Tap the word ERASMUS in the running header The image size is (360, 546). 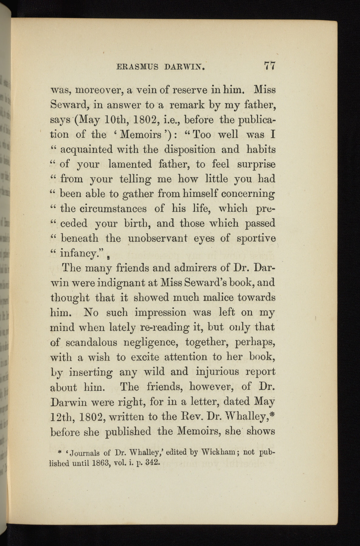click(x=137, y=67)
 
